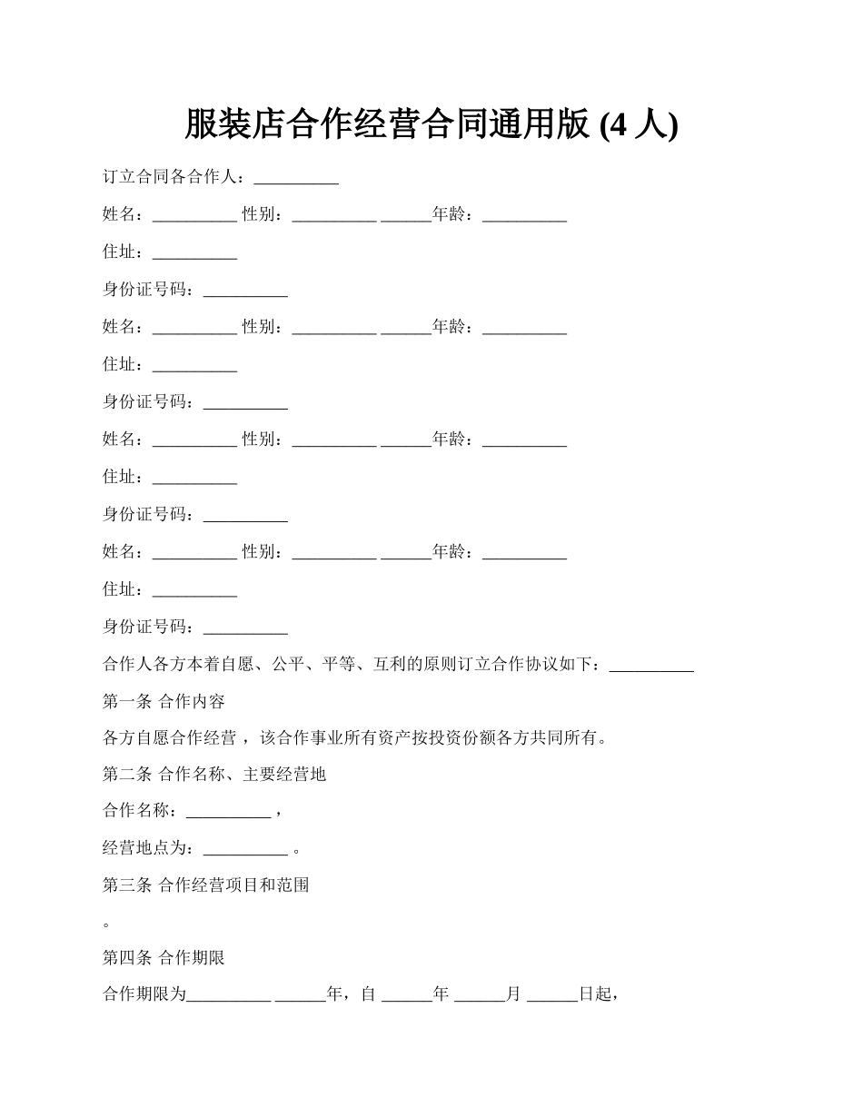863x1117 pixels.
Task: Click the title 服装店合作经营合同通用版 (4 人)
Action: (431, 124)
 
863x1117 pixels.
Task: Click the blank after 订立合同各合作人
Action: (296, 178)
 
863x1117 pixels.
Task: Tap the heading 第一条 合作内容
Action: (164, 701)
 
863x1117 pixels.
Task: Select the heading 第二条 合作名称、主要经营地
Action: (214, 775)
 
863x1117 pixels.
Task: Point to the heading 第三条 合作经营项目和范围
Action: (206, 885)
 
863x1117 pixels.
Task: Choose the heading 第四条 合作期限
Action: (164, 958)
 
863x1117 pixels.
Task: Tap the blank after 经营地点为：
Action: (245, 849)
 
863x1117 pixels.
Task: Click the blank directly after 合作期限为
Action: (228, 995)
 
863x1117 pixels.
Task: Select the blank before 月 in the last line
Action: (479, 995)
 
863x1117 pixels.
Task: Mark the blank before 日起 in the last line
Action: (551, 995)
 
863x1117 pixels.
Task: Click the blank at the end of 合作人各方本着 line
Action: (651, 665)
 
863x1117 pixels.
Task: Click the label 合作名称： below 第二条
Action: (144, 812)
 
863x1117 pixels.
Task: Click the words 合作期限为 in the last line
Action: (144, 995)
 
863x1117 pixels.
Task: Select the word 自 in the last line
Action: (368, 995)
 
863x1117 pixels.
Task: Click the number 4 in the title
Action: (618, 125)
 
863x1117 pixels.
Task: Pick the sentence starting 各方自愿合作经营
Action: (354, 737)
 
